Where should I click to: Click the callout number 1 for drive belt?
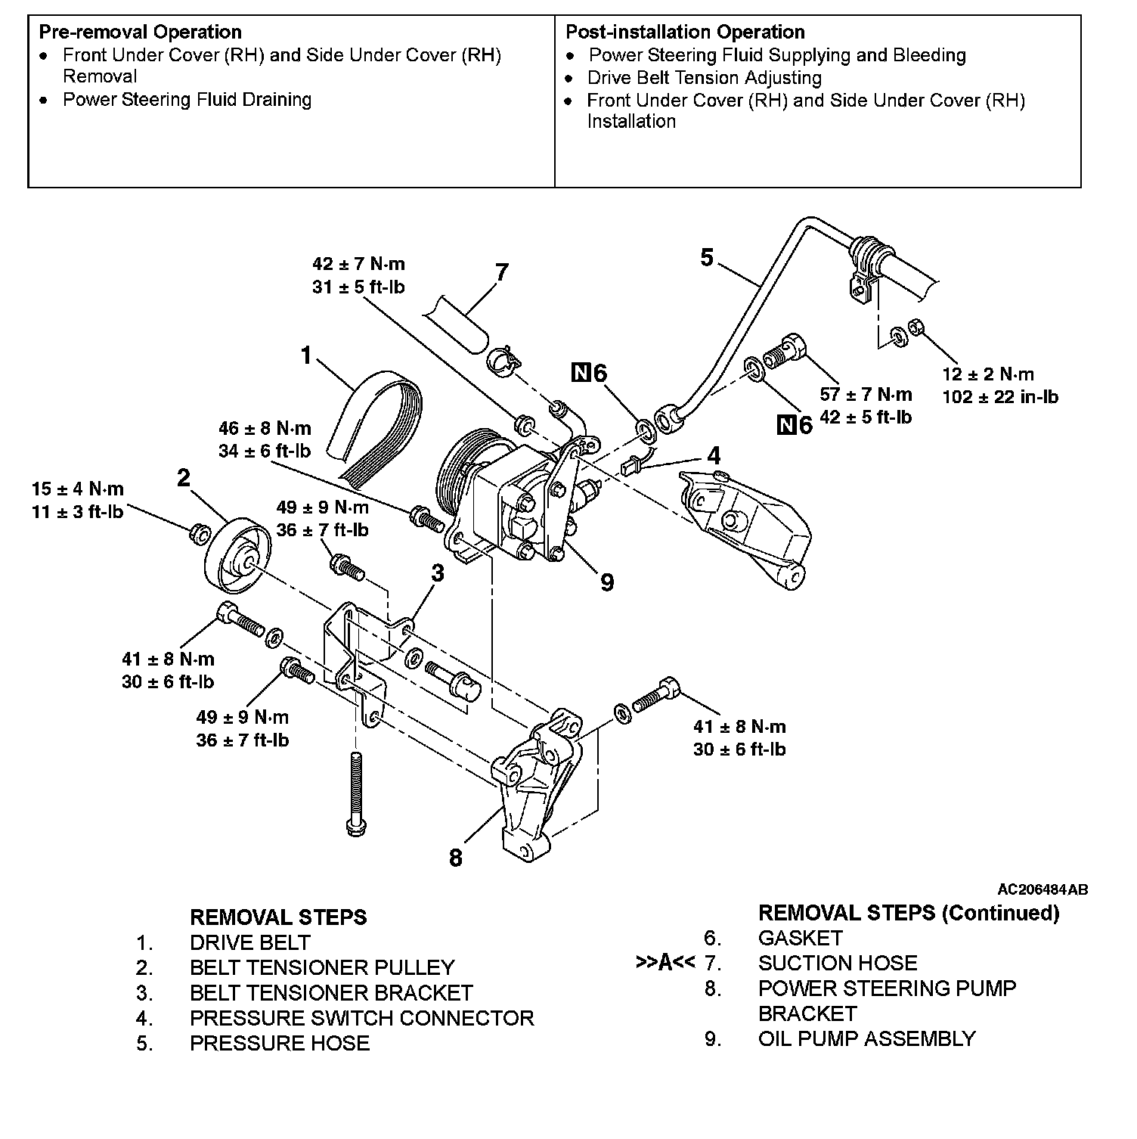(306, 355)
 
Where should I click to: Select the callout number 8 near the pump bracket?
(455, 858)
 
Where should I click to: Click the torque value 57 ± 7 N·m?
(866, 394)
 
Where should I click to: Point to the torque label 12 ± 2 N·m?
(988, 374)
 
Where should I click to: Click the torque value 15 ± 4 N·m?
(78, 489)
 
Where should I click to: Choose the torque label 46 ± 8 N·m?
(265, 428)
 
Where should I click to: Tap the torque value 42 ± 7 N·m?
(358, 264)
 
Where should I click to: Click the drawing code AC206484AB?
(1043, 889)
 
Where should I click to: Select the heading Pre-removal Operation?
(141, 32)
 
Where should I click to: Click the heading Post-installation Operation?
(685, 32)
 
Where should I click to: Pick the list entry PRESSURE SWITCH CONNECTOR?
(361, 1018)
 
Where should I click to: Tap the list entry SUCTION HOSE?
(838, 963)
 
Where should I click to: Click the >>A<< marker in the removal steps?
(665, 963)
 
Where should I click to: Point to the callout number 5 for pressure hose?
(706, 258)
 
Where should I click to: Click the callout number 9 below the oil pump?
(606, 582)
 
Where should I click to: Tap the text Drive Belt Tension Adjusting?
(704, 78)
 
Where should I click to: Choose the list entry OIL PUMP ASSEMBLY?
(866, 1038)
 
